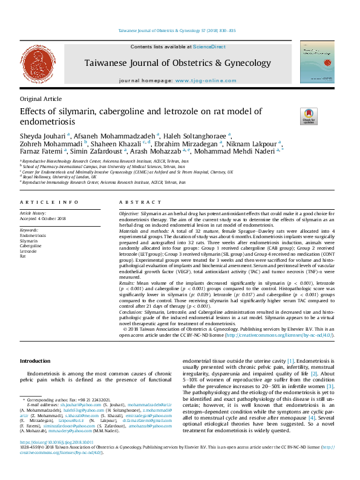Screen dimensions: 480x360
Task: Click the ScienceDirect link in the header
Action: click(210, 47)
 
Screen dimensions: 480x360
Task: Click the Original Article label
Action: click(41, 99)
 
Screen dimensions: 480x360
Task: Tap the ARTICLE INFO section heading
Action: click(49, 202)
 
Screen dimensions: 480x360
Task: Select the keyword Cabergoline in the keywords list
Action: click(31, 246)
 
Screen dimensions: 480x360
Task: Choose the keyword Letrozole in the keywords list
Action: click(29, 251)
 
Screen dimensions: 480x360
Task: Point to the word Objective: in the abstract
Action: click(129, 215)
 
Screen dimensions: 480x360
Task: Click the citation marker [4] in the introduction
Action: click(311, 417)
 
